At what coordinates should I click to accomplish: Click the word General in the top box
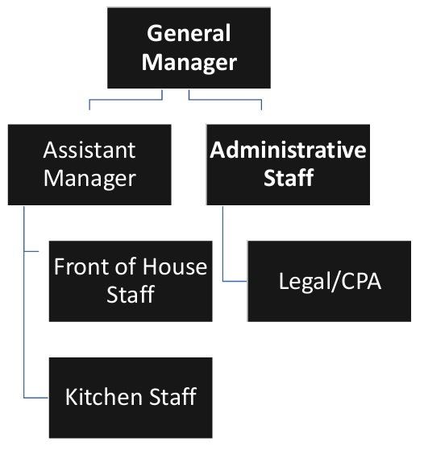189,34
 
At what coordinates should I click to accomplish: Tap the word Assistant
89,150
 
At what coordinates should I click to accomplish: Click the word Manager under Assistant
89,177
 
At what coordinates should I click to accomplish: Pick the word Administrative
289,150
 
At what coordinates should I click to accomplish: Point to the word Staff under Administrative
289,177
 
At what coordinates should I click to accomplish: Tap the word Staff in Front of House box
131,294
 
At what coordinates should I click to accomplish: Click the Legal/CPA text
329,282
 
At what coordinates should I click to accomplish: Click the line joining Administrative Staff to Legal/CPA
223,250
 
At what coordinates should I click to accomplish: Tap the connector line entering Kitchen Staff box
36,397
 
